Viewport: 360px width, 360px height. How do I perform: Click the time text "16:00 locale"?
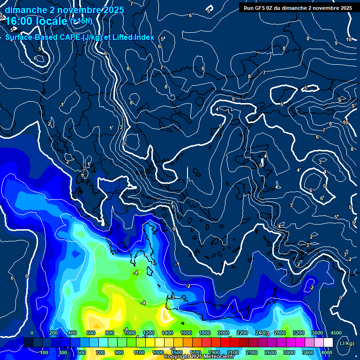36,22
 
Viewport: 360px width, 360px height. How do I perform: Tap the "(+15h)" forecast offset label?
81,21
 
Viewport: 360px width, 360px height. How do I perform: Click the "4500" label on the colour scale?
336,333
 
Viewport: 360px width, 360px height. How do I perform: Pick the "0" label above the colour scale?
32,333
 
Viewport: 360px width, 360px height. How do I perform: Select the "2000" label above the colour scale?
223,333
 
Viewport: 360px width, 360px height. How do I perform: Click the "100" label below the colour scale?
45,352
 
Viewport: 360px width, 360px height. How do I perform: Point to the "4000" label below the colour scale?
327,352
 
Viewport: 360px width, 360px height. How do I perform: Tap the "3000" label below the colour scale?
289,352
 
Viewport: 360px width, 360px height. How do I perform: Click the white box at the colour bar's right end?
327,343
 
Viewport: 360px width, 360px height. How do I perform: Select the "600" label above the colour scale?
91,333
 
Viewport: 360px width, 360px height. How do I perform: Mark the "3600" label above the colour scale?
317,333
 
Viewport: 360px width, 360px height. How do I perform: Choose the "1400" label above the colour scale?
167,333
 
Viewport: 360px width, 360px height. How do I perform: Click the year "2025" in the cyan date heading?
113,10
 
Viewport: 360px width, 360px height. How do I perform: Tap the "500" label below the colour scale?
82,352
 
